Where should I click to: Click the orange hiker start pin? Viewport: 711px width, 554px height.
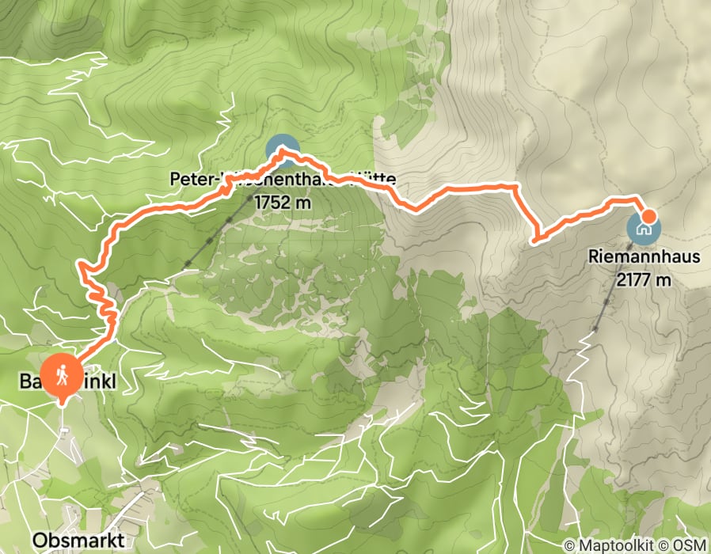tap(62, 374)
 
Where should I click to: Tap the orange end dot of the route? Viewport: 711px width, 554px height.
tap(648, 215)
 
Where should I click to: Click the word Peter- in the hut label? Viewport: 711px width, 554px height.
tap(194, 180)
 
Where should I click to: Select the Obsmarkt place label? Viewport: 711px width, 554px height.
tap(78, 540)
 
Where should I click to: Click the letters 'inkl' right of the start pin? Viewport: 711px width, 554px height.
tap(100, 383)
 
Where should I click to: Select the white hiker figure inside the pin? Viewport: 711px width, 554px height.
tap(62, 370)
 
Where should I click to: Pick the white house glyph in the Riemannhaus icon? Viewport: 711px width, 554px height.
tap(643, 229)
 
